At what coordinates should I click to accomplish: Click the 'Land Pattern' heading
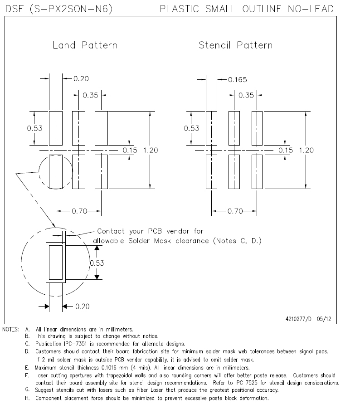point(85,45)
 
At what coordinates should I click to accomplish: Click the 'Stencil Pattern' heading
point(235,45)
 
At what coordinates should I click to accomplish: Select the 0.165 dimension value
point(237,80)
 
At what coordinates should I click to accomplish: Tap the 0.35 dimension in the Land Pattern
point(91,95)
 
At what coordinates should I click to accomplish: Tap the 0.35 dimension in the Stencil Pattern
point(246,95)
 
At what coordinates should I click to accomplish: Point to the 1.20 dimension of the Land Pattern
point(150,150)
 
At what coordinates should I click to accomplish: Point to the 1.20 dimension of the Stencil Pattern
point(306,150)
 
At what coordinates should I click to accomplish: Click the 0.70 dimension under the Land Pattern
point(80,211)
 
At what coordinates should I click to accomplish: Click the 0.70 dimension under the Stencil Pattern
point(235,211)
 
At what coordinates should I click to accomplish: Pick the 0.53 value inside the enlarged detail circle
point(97,263)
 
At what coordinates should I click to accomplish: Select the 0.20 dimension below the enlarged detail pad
point(82,307)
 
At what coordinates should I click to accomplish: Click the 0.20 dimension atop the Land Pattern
point(81,79)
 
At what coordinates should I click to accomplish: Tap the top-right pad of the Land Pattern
point(101,128)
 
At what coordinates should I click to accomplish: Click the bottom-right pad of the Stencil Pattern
point(257,171)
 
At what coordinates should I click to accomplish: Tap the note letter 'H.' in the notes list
point(28,398)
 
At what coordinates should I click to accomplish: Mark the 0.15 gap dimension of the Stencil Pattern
point(285,150)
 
